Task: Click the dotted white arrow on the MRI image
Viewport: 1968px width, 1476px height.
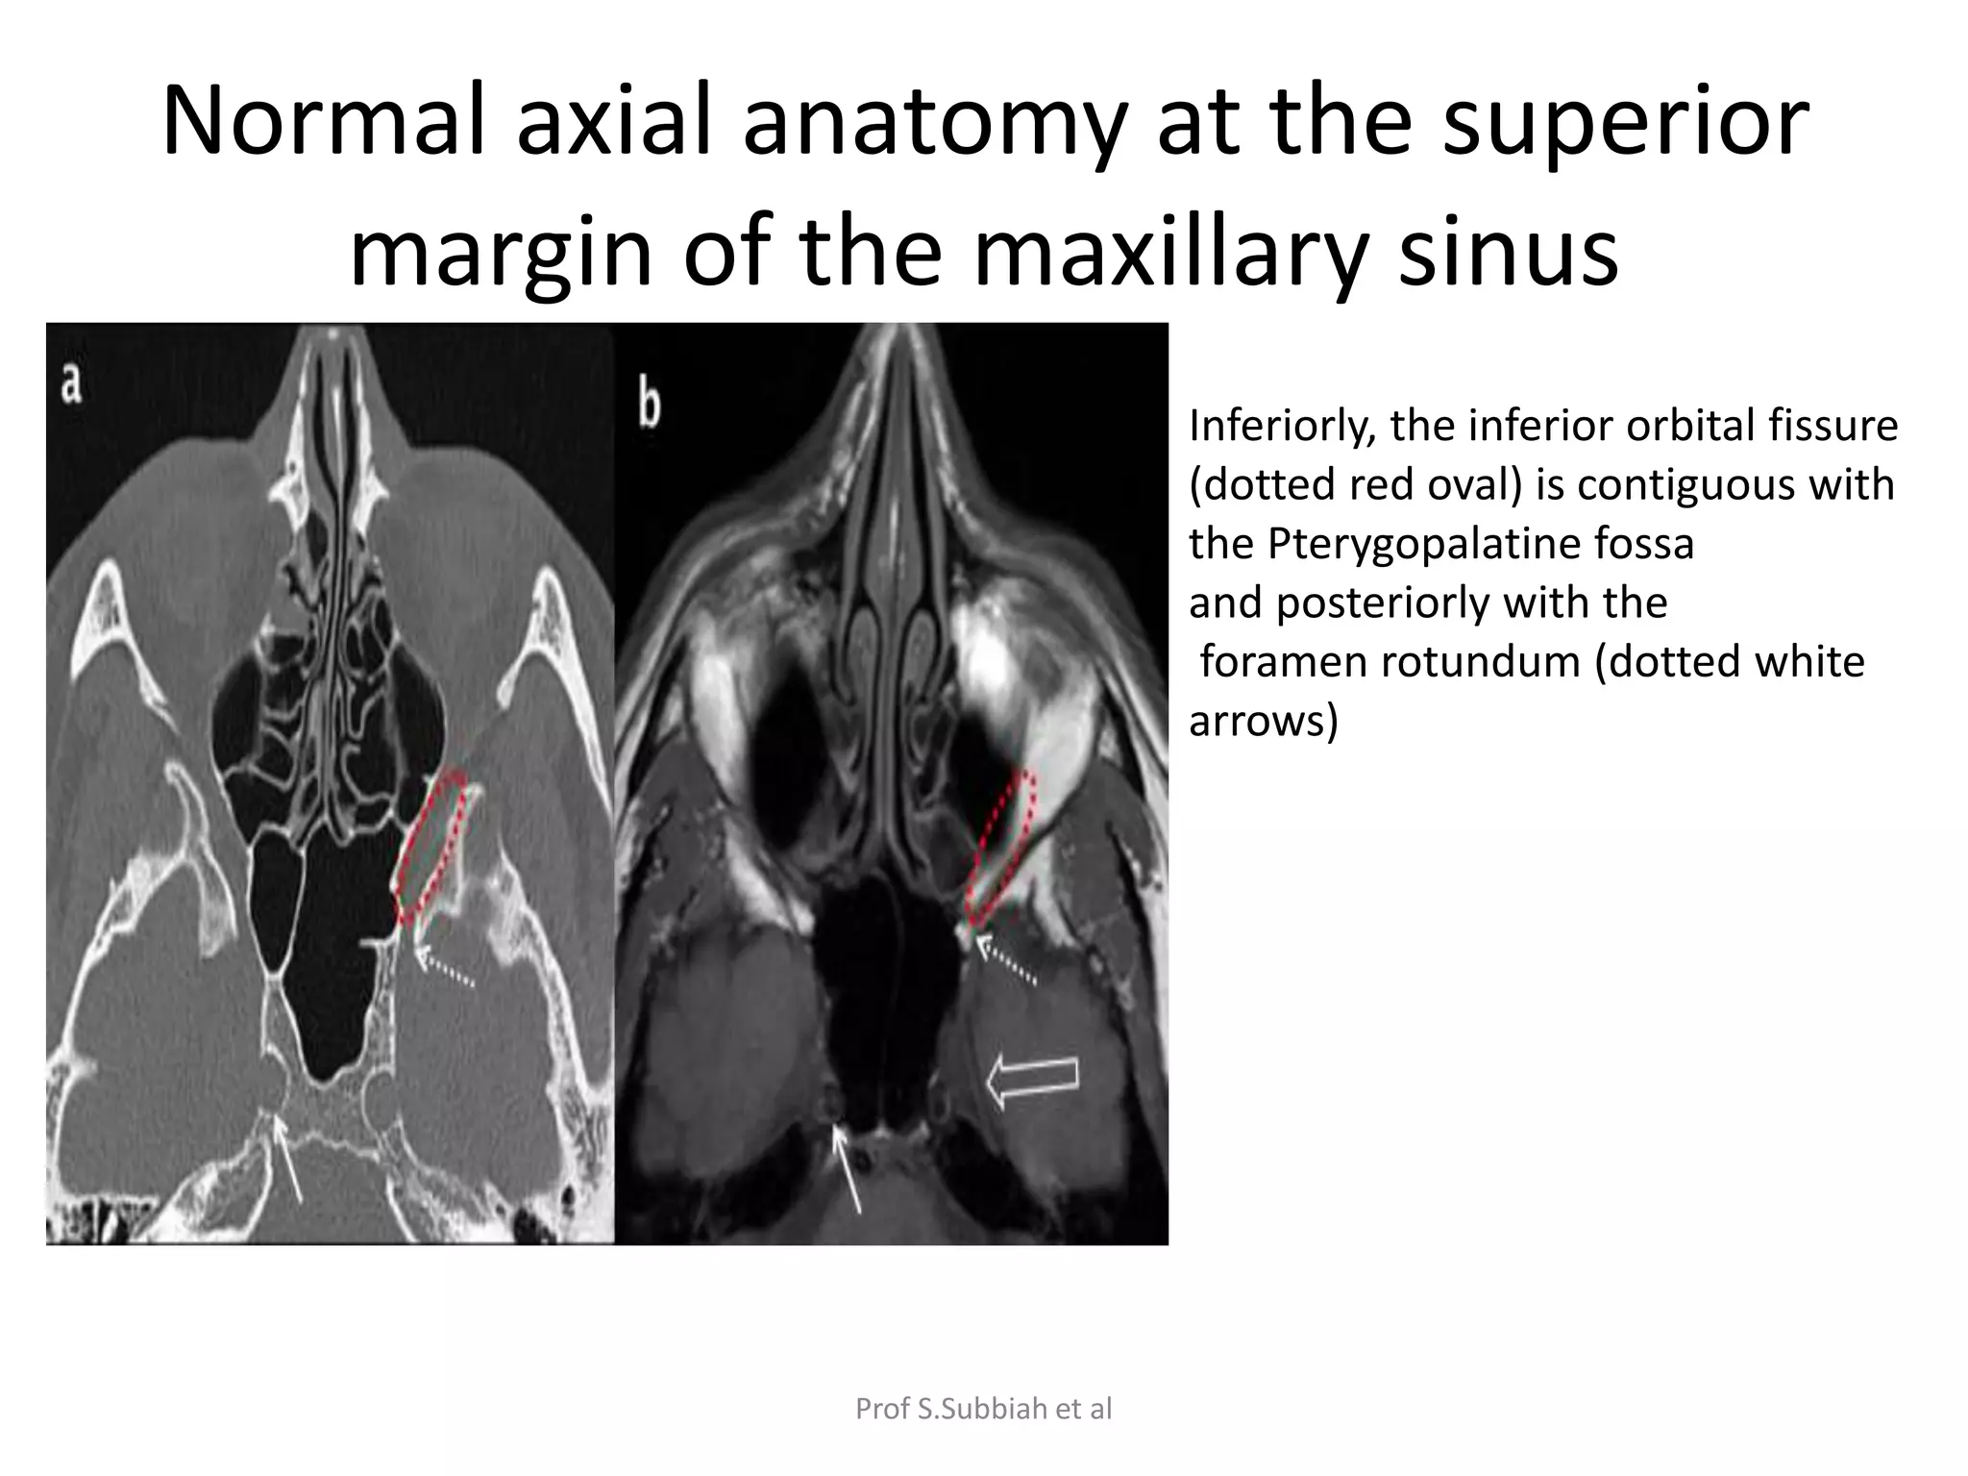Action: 1006,962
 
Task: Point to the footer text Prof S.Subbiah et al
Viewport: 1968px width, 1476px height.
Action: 983,1409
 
